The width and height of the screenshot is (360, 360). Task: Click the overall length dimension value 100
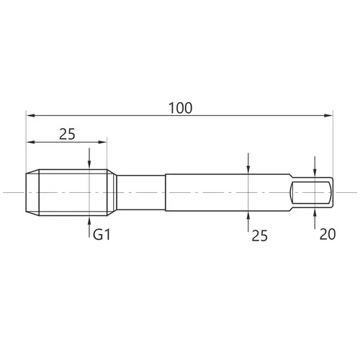tap(181, 108)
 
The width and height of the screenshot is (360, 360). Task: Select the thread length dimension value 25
tap(67, 134)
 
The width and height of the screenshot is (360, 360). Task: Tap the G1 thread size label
tap(102, 235)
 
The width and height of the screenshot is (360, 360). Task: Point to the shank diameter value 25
tap(260, 235)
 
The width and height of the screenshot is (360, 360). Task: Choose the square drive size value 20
tap(328, 234)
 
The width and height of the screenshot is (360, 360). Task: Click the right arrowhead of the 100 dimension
tap(328, 116)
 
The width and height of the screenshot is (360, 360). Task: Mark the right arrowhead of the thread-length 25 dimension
tap(102, 142)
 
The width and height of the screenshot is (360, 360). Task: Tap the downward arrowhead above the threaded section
tap(89, 164)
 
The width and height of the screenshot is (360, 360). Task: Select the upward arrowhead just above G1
tap(89, 220)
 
